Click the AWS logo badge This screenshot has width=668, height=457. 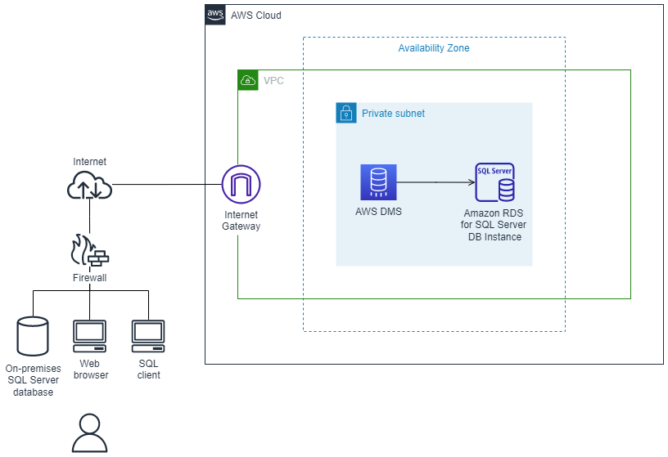click(215, 15)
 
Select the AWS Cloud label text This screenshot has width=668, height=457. click(256, 16)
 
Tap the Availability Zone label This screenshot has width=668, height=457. click(433, 48)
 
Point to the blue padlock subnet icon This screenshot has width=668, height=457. click(345, 113)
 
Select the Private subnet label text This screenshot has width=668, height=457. click(393, 114)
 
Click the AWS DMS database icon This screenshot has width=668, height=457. click(378, 182)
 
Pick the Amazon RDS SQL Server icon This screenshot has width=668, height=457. click(495, 182)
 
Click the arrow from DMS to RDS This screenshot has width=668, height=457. click(436, 182)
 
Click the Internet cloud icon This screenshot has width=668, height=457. click(89, 187)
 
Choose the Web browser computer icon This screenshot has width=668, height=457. click(89, 334)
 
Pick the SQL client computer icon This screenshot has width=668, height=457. click(148, 334)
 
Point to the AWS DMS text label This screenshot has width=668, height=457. click(378, 212)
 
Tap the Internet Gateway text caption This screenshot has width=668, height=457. click(241, 221)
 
